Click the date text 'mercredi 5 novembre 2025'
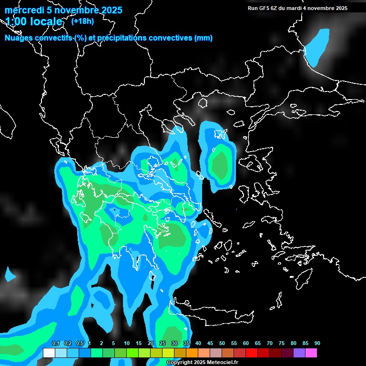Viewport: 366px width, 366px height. pos(63,10)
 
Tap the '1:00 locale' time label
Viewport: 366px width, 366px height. pos(34,21)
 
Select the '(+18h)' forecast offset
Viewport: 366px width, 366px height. pos(82,21)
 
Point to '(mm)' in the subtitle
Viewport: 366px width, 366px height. pos(203,38)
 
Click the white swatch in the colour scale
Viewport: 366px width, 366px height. pos(49,353)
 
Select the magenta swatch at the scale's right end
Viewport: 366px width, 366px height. pos(311,353)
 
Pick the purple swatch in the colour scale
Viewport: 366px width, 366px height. pos(299,353)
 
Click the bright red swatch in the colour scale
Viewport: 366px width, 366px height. pos(252,353)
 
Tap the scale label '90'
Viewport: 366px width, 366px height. pos(317,344)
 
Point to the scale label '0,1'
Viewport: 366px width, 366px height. pos(56,344)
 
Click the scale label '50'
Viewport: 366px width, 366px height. pos(222,344)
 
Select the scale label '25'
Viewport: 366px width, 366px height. pos(163,344)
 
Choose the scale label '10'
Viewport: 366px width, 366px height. pos(127,344)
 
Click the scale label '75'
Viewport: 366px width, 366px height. pos(282,344)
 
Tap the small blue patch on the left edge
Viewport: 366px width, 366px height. pos(9,274)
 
